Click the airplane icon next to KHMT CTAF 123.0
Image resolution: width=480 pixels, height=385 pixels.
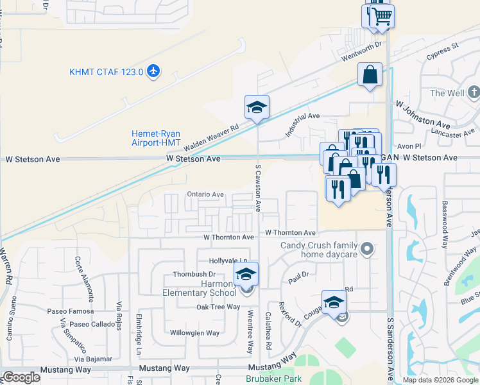[153, 71]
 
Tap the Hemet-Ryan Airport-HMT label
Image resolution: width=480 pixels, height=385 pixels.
[156, 138]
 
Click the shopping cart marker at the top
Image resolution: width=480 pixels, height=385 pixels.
[381, 15]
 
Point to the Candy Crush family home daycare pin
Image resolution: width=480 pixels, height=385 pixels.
[367, 248]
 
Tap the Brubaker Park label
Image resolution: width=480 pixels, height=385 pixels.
[273, 379]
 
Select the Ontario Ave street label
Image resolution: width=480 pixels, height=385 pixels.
[205, 194]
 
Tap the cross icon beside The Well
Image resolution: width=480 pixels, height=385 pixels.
[474, 93]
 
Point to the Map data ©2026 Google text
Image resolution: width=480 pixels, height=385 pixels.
[441, 380]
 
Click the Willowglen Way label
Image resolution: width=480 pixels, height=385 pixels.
[194, 333]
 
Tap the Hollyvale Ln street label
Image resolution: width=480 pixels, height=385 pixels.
[228, 261]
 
